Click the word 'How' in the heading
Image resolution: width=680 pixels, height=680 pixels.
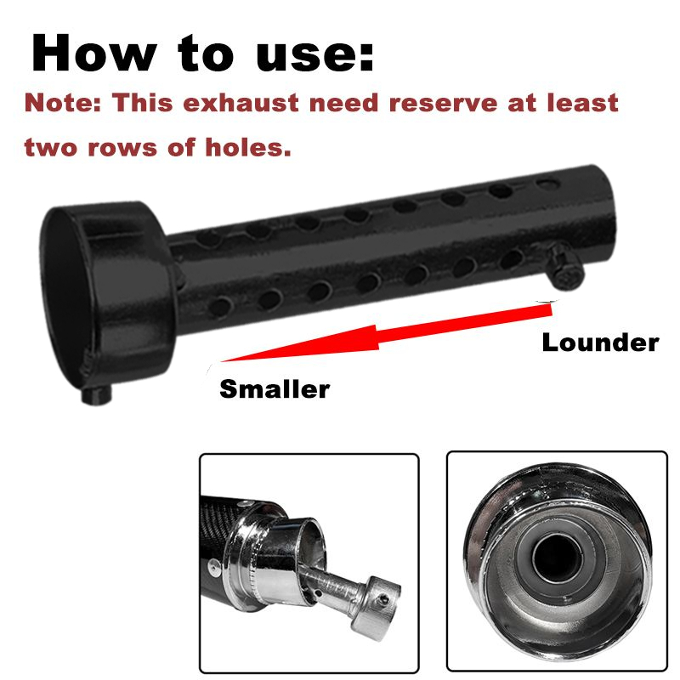(x=93, y=52)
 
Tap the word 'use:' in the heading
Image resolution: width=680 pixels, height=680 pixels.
(x=314, y=54)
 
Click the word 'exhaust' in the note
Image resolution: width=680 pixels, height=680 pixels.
(x=241, y=103)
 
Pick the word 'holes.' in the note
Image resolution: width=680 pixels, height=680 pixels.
(x=247, y=147)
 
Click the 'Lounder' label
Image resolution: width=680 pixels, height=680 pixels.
(x=601, y=343)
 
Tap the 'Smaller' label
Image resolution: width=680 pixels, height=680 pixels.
(x=275, y=388)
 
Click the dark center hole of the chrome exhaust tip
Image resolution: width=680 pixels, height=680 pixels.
(x=557, y=558)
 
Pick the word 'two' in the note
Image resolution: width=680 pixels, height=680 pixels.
(x=51, y=147)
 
